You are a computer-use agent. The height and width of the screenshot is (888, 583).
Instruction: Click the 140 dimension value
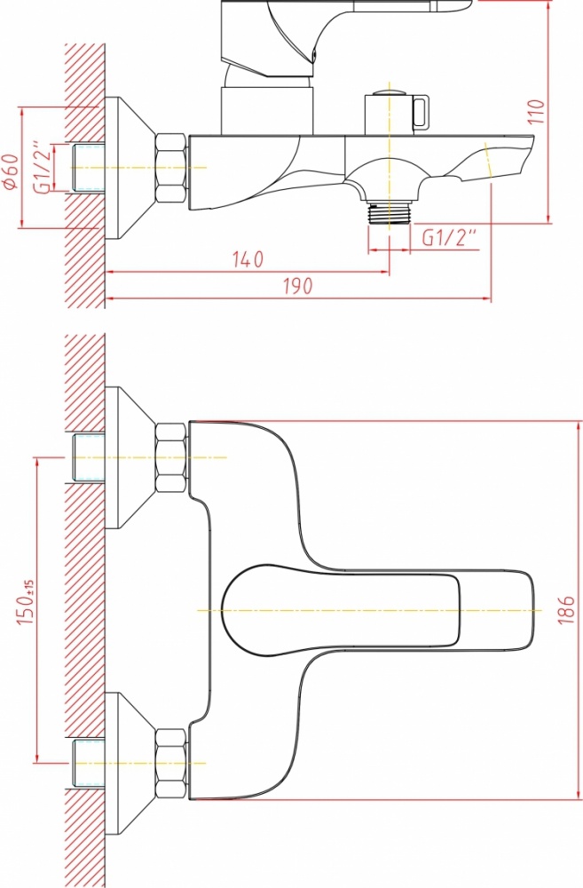[248, 259]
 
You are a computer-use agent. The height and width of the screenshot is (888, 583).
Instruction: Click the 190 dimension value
[298, 286]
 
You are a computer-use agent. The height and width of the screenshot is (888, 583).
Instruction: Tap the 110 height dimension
[535, 112]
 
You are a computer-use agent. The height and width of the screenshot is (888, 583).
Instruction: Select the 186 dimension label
[567, 609]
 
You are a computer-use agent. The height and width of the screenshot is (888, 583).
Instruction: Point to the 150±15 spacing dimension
[26, 601]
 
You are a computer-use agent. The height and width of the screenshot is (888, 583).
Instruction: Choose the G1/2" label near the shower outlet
[450, 238]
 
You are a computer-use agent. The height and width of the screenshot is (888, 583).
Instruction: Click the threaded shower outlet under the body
[389, 212]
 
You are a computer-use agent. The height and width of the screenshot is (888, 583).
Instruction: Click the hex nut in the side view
[171, 167]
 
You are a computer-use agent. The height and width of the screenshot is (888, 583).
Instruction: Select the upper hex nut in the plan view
[171, 457]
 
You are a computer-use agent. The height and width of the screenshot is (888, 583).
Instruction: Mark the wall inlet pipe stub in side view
[89, 168]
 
